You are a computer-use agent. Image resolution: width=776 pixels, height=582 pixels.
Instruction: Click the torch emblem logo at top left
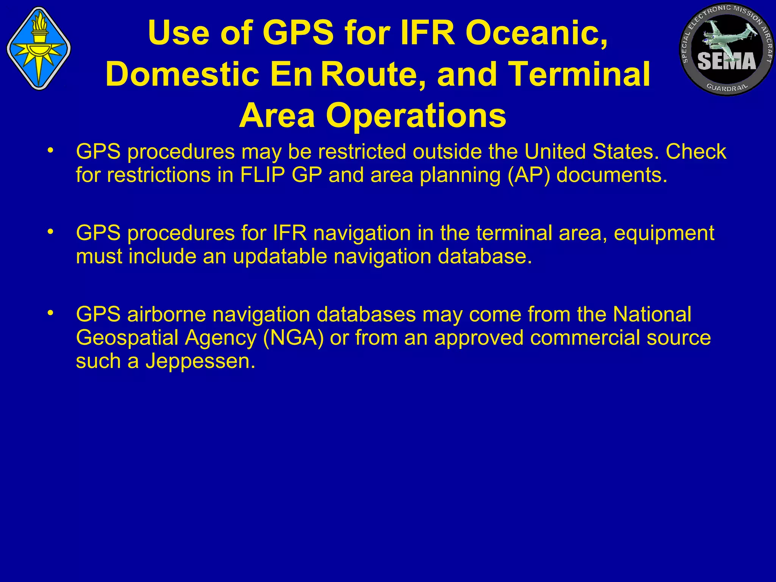(39, 48)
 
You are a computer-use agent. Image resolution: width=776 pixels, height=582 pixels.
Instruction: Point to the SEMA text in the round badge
(726, 61)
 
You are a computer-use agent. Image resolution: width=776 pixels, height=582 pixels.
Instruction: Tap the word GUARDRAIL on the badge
(727, 88)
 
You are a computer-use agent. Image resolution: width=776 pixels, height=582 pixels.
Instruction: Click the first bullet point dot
(50, 151)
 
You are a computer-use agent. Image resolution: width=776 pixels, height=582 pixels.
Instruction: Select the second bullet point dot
(50, 232)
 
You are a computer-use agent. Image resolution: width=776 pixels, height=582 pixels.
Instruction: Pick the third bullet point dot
(50, 314)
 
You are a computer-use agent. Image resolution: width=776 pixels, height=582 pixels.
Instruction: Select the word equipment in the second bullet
(664, 233)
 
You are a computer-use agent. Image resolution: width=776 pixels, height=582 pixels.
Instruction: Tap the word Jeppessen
(200, 361)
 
